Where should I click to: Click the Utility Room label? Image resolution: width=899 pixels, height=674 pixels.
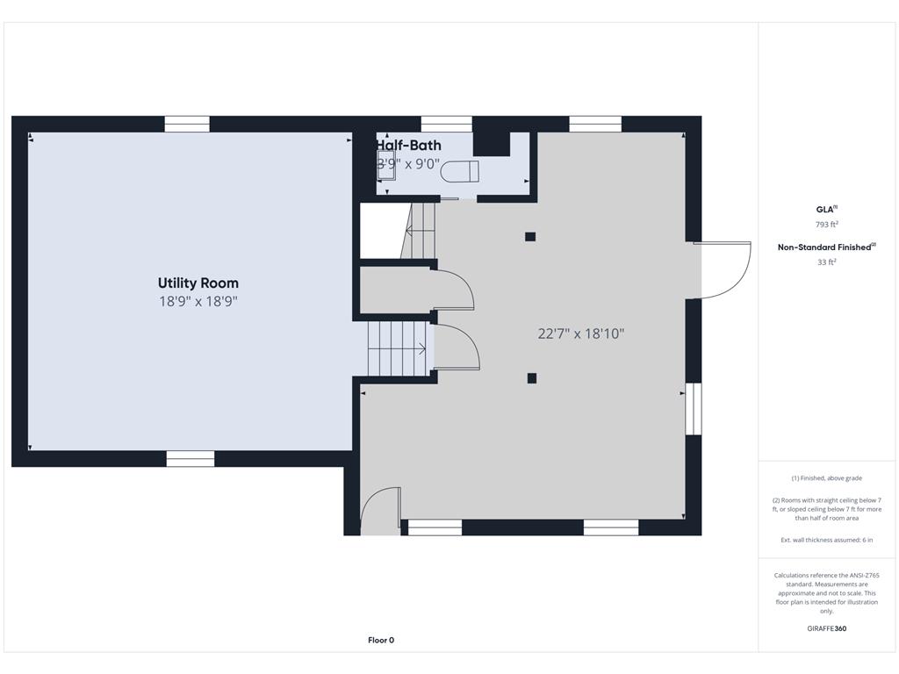[198, 283]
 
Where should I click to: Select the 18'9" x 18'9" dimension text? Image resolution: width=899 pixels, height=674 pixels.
[198, 301]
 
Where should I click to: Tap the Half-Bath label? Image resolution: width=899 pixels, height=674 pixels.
[409, 146]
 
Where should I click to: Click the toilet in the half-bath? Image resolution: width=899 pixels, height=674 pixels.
[459, 171]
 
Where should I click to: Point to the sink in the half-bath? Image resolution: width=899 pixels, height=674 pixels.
[386, 166]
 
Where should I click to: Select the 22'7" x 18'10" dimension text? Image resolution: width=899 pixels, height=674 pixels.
[580, 333]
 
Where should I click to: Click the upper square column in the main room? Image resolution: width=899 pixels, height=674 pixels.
[530, 236]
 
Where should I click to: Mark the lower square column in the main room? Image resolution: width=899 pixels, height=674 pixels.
[531, 378]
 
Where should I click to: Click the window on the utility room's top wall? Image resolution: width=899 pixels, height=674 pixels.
[187, 124]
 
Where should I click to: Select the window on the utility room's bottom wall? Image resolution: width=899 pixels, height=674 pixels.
[191, 458]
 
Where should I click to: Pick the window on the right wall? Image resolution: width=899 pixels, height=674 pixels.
[694, 408]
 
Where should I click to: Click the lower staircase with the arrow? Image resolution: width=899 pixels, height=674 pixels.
[397, 348]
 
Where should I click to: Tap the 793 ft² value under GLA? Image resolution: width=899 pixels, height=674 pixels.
[826, 225]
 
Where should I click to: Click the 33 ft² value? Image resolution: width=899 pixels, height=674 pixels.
[826, 262]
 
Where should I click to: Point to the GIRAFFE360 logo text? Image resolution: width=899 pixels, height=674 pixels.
[826, 628]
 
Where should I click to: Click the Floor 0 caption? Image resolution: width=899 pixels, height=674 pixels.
[381, 640]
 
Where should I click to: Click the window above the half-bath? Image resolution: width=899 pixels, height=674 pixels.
[446, 124]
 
